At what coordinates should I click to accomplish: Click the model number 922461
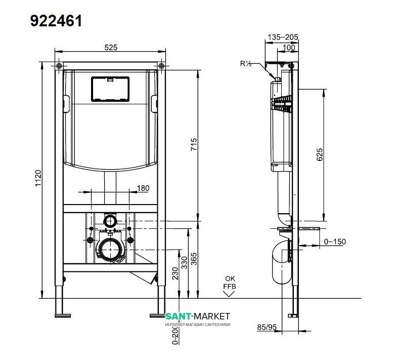point(56,20)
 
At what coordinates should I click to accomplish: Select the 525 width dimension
point(111,48)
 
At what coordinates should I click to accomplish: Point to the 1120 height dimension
point(38,178)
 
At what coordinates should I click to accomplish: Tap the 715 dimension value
point(194,145)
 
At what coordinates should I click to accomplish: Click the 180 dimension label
point(143,188)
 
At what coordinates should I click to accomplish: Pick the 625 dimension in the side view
point(320,155)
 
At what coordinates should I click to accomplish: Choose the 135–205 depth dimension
point(283,37)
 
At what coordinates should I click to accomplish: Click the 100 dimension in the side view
point(289,47)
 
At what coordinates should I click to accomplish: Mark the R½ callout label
point(245,63)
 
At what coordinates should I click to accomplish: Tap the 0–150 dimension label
point(335,242)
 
